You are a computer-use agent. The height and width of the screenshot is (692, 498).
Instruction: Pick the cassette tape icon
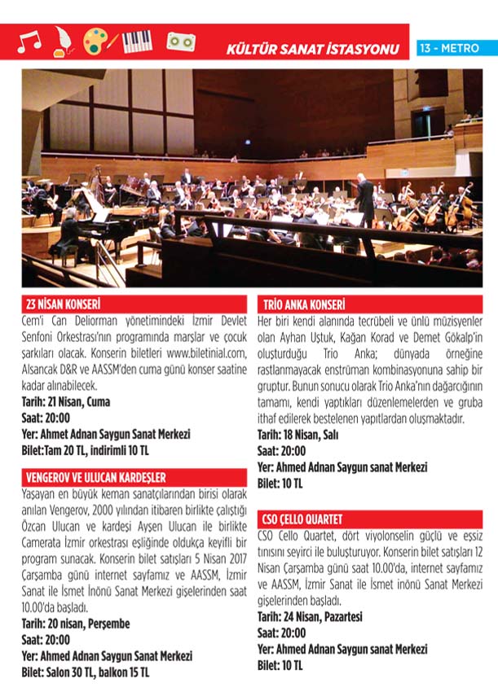coord(181,41)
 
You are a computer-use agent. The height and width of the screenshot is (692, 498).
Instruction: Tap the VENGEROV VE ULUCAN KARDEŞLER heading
coord(96,477)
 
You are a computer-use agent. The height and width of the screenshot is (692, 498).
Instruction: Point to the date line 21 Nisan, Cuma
coord(65,401)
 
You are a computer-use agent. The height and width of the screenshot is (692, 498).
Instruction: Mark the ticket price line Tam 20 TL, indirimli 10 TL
coord(86,449)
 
